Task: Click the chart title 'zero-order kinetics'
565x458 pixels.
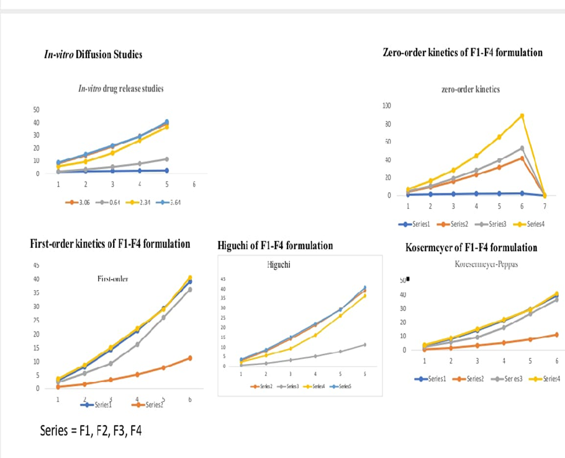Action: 470,89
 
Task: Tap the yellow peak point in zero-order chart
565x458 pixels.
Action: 522,116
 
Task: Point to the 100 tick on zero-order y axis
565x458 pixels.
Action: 387,107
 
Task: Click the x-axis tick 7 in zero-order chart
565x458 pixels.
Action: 545,206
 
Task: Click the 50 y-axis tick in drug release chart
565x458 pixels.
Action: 37,110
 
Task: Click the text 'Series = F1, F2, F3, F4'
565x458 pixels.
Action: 91,429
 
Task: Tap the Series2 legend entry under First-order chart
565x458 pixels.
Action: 150,405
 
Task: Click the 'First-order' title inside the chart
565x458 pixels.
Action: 113,279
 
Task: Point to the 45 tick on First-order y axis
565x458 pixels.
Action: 36,265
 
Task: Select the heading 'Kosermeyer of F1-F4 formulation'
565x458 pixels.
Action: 471,248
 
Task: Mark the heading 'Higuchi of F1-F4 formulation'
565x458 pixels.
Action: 275,246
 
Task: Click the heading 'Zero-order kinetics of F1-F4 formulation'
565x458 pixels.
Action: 463,52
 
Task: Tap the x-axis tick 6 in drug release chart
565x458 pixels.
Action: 194,184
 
